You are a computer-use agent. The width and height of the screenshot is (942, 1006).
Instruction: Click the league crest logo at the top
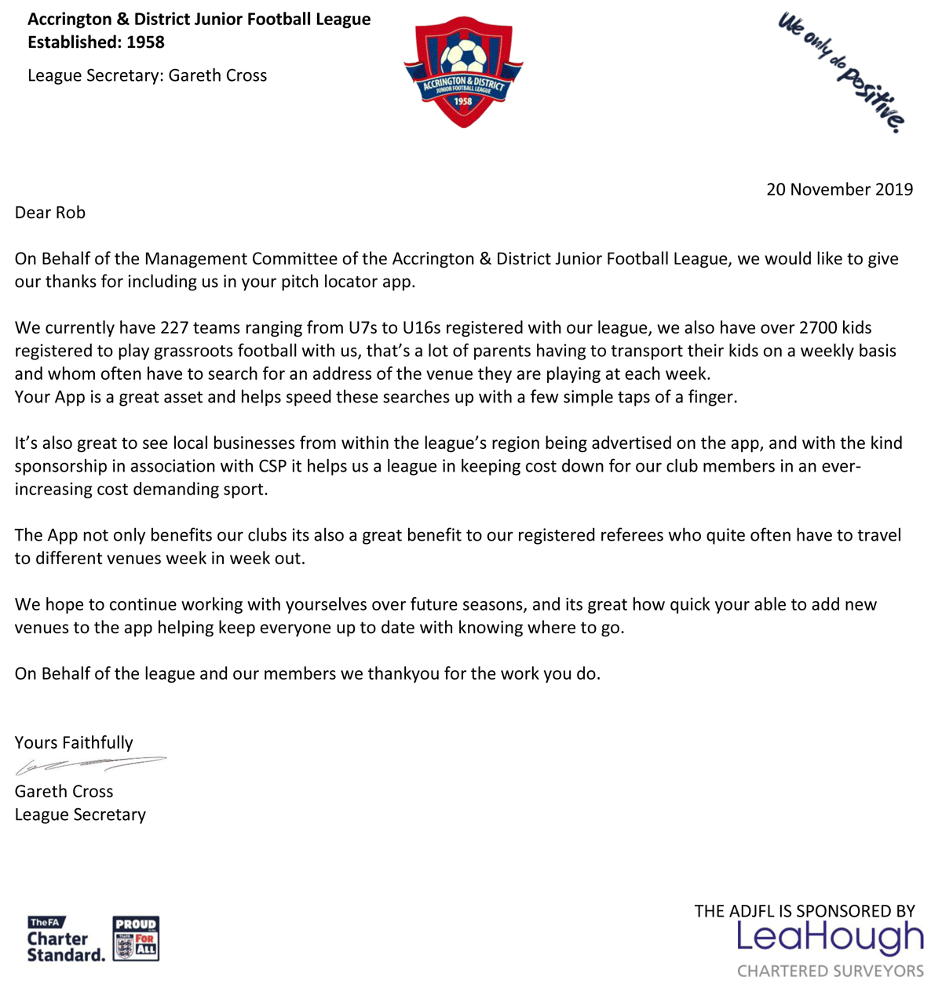pos(463,72)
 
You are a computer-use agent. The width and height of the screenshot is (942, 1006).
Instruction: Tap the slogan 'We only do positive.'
pos(841,71)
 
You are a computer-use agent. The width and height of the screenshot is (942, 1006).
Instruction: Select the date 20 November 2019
pos(839,189)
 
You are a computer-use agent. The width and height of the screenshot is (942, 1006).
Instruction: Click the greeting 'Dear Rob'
pos(50,213)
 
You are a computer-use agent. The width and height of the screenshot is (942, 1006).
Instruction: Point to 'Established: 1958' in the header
pos(96,42)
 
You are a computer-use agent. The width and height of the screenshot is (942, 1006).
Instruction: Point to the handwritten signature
pos(90,765)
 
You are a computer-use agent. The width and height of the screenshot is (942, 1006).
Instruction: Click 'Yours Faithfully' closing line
pos(74,742)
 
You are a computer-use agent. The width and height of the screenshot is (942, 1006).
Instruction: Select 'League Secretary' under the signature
pos(80,815)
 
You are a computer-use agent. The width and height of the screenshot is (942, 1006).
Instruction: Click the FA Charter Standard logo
pos(66,939)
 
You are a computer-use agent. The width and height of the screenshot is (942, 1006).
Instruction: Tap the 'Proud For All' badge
pos(136,939)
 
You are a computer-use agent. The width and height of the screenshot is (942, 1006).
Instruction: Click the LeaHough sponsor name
pos(830,939)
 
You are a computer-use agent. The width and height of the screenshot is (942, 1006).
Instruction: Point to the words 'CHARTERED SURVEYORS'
pos(830,971)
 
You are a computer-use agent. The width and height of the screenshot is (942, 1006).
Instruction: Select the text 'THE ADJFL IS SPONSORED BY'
pos(804,911)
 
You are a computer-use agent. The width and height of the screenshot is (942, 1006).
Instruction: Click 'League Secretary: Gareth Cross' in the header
pos(147,75)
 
